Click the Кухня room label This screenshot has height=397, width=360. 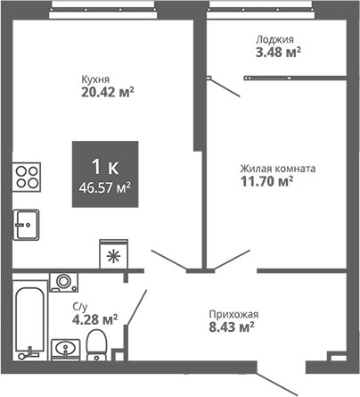click(x=95, y=78)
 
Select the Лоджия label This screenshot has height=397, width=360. click(x=274, y=39)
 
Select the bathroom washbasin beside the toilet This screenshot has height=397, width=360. click(x=63, y=347)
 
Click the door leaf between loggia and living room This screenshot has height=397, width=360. click(x=225, y=85)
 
